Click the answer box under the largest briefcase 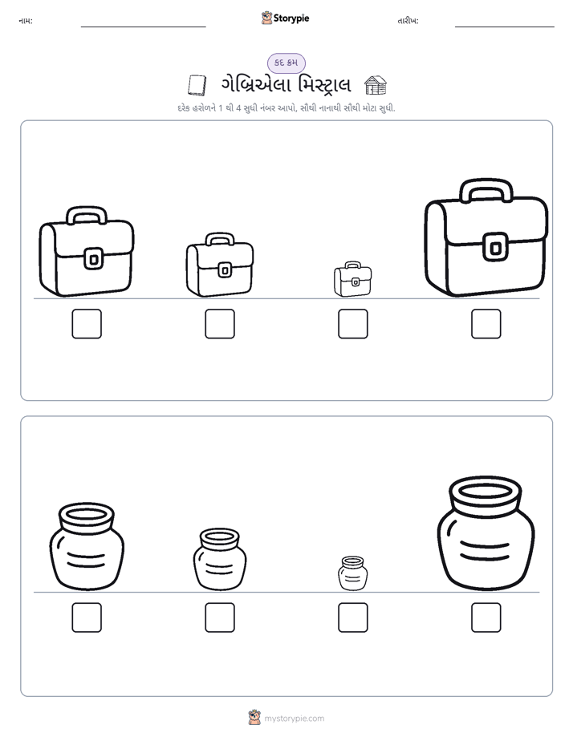coord(486,324)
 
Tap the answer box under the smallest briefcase coord(352,324)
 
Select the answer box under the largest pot coord(486,617)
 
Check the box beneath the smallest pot coord(352,617)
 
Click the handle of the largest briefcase coord(486,182)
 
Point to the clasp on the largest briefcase coord(495,247)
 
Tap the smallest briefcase coord(352,279)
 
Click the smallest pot coord(352,573)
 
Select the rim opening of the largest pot coord(486,492)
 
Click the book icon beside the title coord(197,86)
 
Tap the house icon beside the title coord(376,86)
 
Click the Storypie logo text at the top coord(291,18)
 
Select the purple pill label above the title coord(286,63)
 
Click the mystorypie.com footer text coord(294,719)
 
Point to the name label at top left coord(26,21)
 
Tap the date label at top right coord(408,21)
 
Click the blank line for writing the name coord(143,27)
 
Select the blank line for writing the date coord(505,27)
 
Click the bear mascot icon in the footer coord(254,718)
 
